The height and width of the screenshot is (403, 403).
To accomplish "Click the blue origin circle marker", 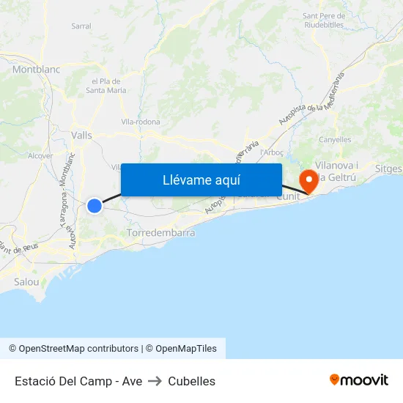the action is [x=95, y=206].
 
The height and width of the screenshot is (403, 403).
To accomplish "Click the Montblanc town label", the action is [x=35, y=69].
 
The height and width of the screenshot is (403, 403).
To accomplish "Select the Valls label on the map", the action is [x=82, y=134].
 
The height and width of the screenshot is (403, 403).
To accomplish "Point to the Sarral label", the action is [x=81, y=26].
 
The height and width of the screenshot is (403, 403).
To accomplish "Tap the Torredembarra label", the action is [x=161, y=232].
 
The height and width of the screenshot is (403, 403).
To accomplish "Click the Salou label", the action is [x=26, y=281].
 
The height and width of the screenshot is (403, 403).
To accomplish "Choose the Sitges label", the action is [x=388, y=169].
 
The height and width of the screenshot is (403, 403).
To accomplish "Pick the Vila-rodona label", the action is [x=141, y=122].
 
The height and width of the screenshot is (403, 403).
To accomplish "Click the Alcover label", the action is [x=40, y=155].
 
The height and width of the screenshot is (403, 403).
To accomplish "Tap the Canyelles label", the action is [x=336, y=139].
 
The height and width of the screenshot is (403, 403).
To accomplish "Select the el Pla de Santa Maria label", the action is [x=107, y=86].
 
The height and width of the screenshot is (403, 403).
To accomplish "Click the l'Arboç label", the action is [x=272, y=152].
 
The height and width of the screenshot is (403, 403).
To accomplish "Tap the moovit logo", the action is [x=359, y=380].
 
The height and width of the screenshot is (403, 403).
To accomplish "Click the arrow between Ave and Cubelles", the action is [x=155, y=381].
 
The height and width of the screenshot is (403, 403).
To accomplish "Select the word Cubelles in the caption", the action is [x=192, y=381].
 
